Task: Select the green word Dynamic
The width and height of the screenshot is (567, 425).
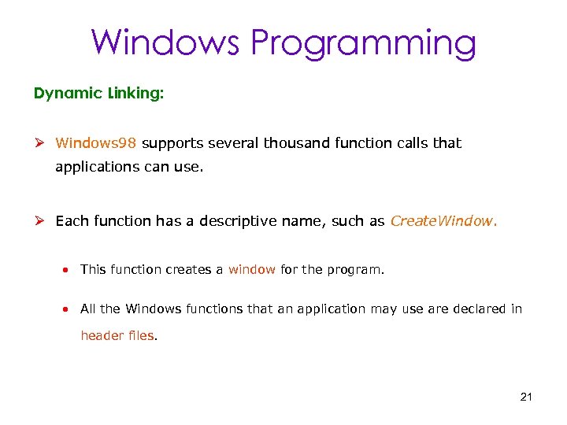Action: coord(69,94)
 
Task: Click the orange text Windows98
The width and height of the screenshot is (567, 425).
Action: coord(96,143)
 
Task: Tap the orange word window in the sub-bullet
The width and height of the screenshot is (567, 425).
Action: coord(252,269)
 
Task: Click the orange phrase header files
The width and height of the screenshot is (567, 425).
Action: coord(118,335)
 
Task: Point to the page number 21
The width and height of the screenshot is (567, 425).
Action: coord(527,396)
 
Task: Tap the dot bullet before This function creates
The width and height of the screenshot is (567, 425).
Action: coord(69,270)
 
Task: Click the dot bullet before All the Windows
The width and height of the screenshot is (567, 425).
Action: coord(69,309)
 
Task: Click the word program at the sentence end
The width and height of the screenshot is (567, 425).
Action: coord(356,270)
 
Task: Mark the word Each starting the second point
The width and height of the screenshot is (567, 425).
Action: coord(72,221)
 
